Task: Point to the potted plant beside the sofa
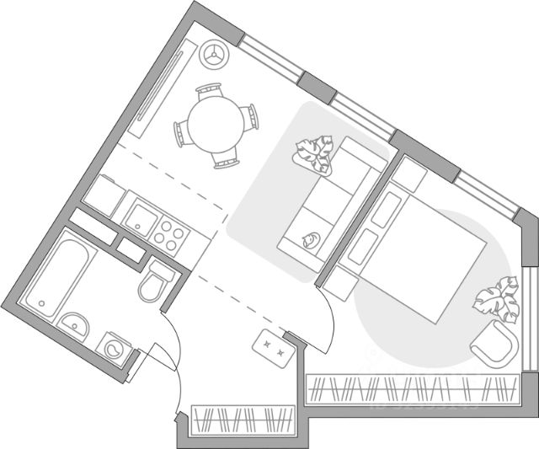[x=314, y=155]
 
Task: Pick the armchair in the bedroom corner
[x=494, y=346]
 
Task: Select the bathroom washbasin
[x=75, y=324]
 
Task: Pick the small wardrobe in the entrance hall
[x=243, y=419]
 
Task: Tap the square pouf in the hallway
[x=273, y=345]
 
